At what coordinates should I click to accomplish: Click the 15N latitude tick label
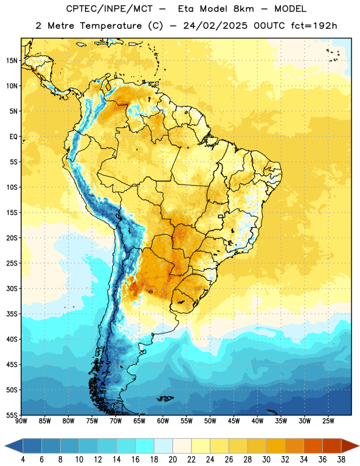(12, 61)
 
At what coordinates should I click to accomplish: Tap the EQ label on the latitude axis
(13, 137)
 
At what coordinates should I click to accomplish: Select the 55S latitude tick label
(12, 415)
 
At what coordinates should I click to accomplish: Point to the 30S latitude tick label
(12, 288)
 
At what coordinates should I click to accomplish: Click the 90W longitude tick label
(21, 421)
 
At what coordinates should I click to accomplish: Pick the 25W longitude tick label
(328, 421)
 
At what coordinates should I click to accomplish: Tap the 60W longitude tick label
(163, 421)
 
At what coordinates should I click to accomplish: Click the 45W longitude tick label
(234, 421)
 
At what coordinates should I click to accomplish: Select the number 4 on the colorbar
(23, 460)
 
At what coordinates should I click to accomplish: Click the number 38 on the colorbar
(341, 460)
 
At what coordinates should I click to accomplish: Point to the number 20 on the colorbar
(172, 460)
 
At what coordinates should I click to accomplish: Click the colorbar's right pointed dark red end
(350, 446)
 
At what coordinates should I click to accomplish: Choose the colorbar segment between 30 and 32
(276, 446)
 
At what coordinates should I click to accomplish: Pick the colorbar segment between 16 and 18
(145, 446)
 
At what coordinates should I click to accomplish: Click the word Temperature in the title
(111, 26)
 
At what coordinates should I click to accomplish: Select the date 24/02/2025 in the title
(215, 26)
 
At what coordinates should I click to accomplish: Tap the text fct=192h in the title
(314, 26)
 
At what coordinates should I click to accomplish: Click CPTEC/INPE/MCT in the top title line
(110, 9)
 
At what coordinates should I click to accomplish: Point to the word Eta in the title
(186, 9)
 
